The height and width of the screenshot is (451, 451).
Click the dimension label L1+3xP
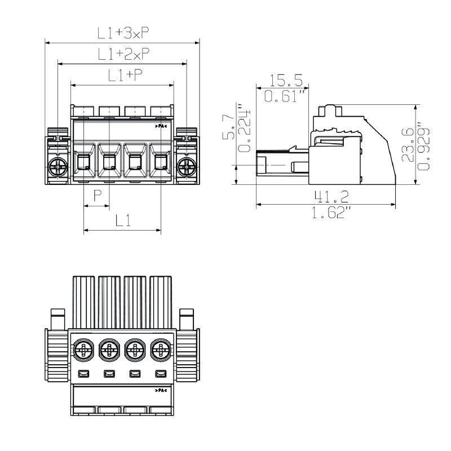coord(123,34)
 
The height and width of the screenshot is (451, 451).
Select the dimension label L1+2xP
coord(123,55)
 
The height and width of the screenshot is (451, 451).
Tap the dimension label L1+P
coord(123,76)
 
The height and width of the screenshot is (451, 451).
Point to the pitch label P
coord(97,196)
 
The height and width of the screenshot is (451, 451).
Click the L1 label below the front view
coord(123,221)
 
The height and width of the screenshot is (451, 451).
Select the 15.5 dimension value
coord(288,80)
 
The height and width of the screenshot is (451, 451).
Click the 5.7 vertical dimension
coord(227,129)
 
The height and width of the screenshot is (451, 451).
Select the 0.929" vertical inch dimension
coord(425,144)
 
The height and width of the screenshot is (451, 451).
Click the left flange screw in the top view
coord(58,166)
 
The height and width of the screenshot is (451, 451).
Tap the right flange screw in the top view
coord(187,166)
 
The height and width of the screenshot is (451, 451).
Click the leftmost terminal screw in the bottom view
coord(83,351)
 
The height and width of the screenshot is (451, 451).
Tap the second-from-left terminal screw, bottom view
coord(109,351)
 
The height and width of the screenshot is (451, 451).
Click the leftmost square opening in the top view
coord(83,163)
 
